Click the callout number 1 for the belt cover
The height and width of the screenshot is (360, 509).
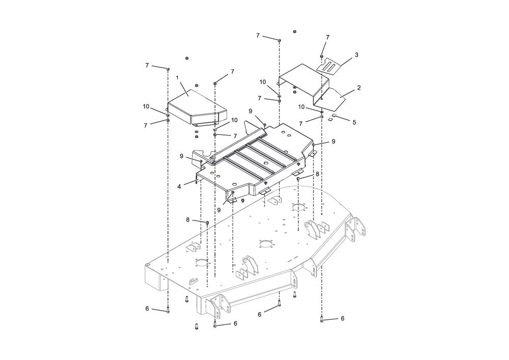click(x=177, y=77)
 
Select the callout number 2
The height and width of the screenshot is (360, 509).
click(x=359, y=88)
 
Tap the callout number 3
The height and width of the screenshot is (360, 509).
click(x=356, y=55)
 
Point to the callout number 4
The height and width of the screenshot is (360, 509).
click(x=179, y=187)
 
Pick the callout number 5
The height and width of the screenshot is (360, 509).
click(x=354, y=122)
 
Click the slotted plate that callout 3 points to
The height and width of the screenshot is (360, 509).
click(x=329, y=66)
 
